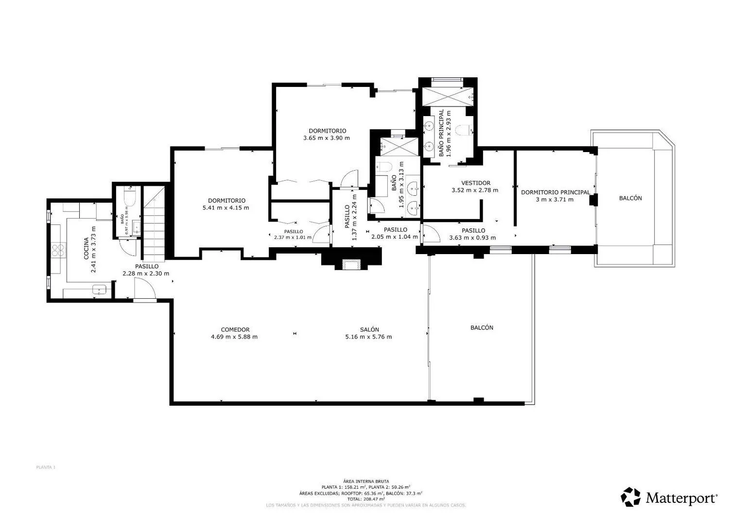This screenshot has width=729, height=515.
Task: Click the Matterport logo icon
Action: click(x=631, y=497)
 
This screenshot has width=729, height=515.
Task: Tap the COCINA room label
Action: click(x=86, y=248)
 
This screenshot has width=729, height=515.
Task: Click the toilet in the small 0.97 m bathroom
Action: click(x=129, y=197)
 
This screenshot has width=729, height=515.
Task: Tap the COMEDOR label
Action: click(x=235, y=329)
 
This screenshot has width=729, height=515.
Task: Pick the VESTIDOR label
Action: click(x=475, y=183)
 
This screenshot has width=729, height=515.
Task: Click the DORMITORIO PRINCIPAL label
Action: click(x=555, y=192)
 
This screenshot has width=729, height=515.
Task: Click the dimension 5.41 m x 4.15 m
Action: click(x=226, y=208)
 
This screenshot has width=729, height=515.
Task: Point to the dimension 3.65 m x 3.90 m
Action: click(x=327, y=138)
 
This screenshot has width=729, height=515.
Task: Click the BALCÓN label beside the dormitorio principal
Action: click(x=630, y=198)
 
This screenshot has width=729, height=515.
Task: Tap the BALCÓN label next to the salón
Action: click(x=482, y=328)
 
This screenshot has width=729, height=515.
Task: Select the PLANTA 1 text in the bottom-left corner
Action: click(x=46, y=467)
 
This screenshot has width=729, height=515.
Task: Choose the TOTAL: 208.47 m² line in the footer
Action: click(x=365, y=499)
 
